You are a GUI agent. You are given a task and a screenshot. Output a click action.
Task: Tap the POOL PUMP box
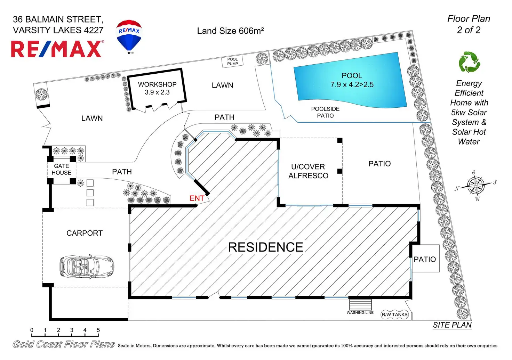pos(232,62)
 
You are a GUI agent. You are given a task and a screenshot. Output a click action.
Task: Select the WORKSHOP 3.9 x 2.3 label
pos(157,88)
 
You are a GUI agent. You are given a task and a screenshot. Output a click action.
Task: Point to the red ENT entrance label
pos(197,198)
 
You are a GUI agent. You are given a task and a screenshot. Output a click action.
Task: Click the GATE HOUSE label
pos(62,169)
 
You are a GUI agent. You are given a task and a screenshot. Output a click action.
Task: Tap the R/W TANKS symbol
pos(394,314)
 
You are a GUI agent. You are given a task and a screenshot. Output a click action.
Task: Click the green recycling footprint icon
pos(469,62)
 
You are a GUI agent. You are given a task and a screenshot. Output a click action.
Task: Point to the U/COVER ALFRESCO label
pos(308,171)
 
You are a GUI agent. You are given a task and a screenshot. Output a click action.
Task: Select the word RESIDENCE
pos(265,247)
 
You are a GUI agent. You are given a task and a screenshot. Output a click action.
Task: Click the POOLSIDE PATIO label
pos(325,112)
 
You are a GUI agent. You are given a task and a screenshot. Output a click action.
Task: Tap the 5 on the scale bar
pos(98,330)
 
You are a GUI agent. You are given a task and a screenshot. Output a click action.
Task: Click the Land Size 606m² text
pos(230,31)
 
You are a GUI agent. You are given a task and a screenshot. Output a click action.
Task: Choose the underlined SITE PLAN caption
pos(452,325)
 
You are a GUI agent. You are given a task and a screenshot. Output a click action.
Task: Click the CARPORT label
pos(85,233)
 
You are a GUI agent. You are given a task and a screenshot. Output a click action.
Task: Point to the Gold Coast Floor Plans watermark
pos(64,344)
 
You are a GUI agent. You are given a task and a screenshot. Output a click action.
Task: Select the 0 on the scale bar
pos(32,330)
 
